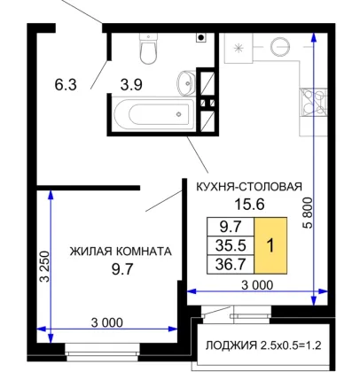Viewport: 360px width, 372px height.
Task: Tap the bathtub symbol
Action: [x=153, y=113]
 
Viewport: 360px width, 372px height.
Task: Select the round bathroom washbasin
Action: [x=186, y=83]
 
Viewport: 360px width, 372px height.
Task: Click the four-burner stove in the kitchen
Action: [x=313, y=102]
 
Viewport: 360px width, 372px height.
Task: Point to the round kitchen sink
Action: [x=280, y=46]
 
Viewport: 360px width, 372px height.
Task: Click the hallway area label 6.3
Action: [x=66, y=85]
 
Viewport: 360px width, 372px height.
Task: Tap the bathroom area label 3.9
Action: [x=131, y=85]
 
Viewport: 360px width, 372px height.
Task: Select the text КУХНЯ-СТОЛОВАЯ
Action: [x=249, y=187]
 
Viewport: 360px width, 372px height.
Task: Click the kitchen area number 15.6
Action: [x=249, y=204]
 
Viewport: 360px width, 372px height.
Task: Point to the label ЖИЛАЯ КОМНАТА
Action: [x=121, y=252]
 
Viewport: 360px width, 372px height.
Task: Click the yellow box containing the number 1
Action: [x=270, y=245]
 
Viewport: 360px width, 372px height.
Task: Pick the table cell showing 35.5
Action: [x=231, y=245]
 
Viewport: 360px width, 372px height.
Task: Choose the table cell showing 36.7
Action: [x=231, y=264]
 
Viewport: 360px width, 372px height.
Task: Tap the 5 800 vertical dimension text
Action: [x=308, y=213]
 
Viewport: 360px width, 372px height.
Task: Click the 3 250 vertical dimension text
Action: [x=45, y=267]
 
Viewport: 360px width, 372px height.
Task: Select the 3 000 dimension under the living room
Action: [x=106, y=322]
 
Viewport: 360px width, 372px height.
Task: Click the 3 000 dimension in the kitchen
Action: [x=257, y=285]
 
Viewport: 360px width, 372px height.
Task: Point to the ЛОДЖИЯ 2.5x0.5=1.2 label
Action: [x=263, y=345]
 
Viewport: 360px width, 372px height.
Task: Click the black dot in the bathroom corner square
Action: [x=201, y=37]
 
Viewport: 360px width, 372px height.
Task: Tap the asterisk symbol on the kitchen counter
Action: [x=239, y=48]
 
